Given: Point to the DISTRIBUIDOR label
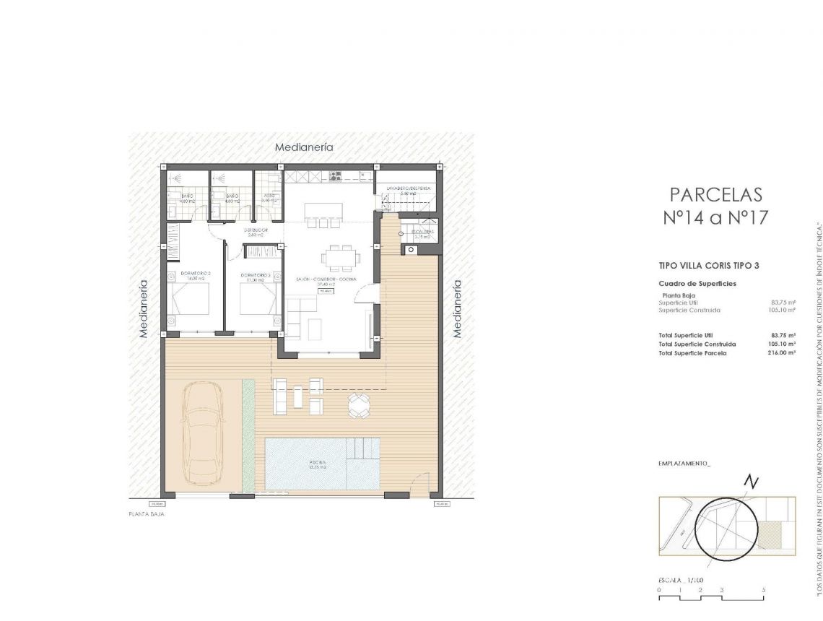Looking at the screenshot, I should point(256,231).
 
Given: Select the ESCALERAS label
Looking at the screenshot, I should point(422,232).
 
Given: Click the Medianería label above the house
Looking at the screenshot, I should point(304,147).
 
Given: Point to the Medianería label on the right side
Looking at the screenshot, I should point(456,308).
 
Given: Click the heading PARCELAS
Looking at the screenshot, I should point(715,194).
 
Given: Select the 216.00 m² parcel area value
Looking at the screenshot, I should point(781,353).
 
